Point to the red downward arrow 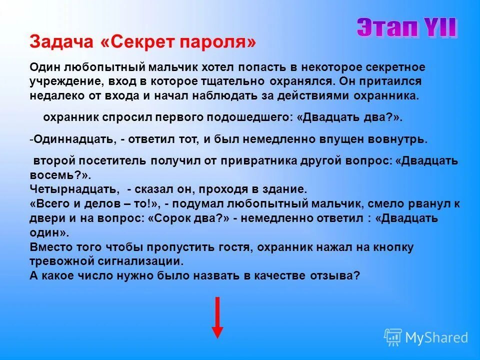[x=217, y=317]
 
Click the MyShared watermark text [x=436, y=337]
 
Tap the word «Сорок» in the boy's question [x=168, y=218]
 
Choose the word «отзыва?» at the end [x=339, y=275]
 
